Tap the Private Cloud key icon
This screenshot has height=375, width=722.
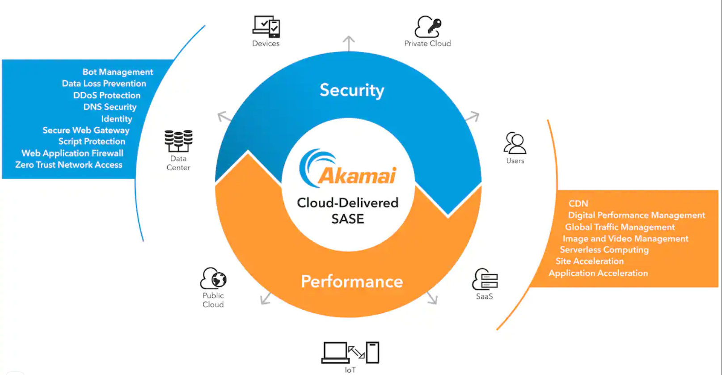click(428, 26)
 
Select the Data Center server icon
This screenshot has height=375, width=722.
click(178, 141)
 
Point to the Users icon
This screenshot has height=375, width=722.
click(515, 143)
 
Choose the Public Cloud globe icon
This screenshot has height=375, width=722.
click(213, 278)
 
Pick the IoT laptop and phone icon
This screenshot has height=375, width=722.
click(350, 353)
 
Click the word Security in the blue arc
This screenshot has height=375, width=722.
click(352, 90)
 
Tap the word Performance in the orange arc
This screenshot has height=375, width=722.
click(352, 282)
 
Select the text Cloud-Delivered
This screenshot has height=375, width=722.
click(348, 203)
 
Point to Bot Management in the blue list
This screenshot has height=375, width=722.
click(118, 72)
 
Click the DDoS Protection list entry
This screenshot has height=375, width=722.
click(107, 95)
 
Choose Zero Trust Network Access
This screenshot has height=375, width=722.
click(69, 165)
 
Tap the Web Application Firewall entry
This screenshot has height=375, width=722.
click(72, 153)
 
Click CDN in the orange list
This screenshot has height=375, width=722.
click(578, 203)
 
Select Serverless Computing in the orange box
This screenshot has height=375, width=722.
click(604, 250)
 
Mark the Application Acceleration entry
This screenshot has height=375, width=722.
click(598, 273)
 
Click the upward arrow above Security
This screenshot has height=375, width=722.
click(349, 43)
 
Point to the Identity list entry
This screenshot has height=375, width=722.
click(117, 119)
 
